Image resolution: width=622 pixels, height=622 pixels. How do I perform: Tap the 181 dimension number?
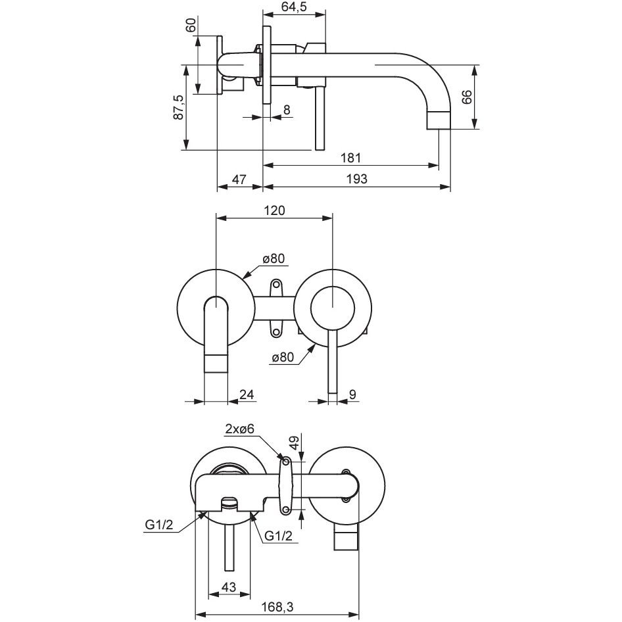[x=352, y=158]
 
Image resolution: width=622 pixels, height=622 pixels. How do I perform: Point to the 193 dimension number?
[x=356, y=179]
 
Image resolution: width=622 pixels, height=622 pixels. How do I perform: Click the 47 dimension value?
[x=239, y=179]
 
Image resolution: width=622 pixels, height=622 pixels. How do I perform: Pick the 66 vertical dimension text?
[x=466, y=97]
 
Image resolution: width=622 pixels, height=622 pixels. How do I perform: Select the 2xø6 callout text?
[x=239, y=429]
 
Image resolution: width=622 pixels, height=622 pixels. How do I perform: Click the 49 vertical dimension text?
[x=295, y=442]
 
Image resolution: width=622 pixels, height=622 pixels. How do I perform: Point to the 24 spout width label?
[x=247, y=395]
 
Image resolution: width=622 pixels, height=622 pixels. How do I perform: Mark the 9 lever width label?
[x=352, y=395]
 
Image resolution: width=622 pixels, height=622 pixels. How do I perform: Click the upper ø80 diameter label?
[x=273, y=259]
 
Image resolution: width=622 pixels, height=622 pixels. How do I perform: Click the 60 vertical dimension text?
[x=191, y=26]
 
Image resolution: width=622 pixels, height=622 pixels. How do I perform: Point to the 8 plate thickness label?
[x=287, y=110]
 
